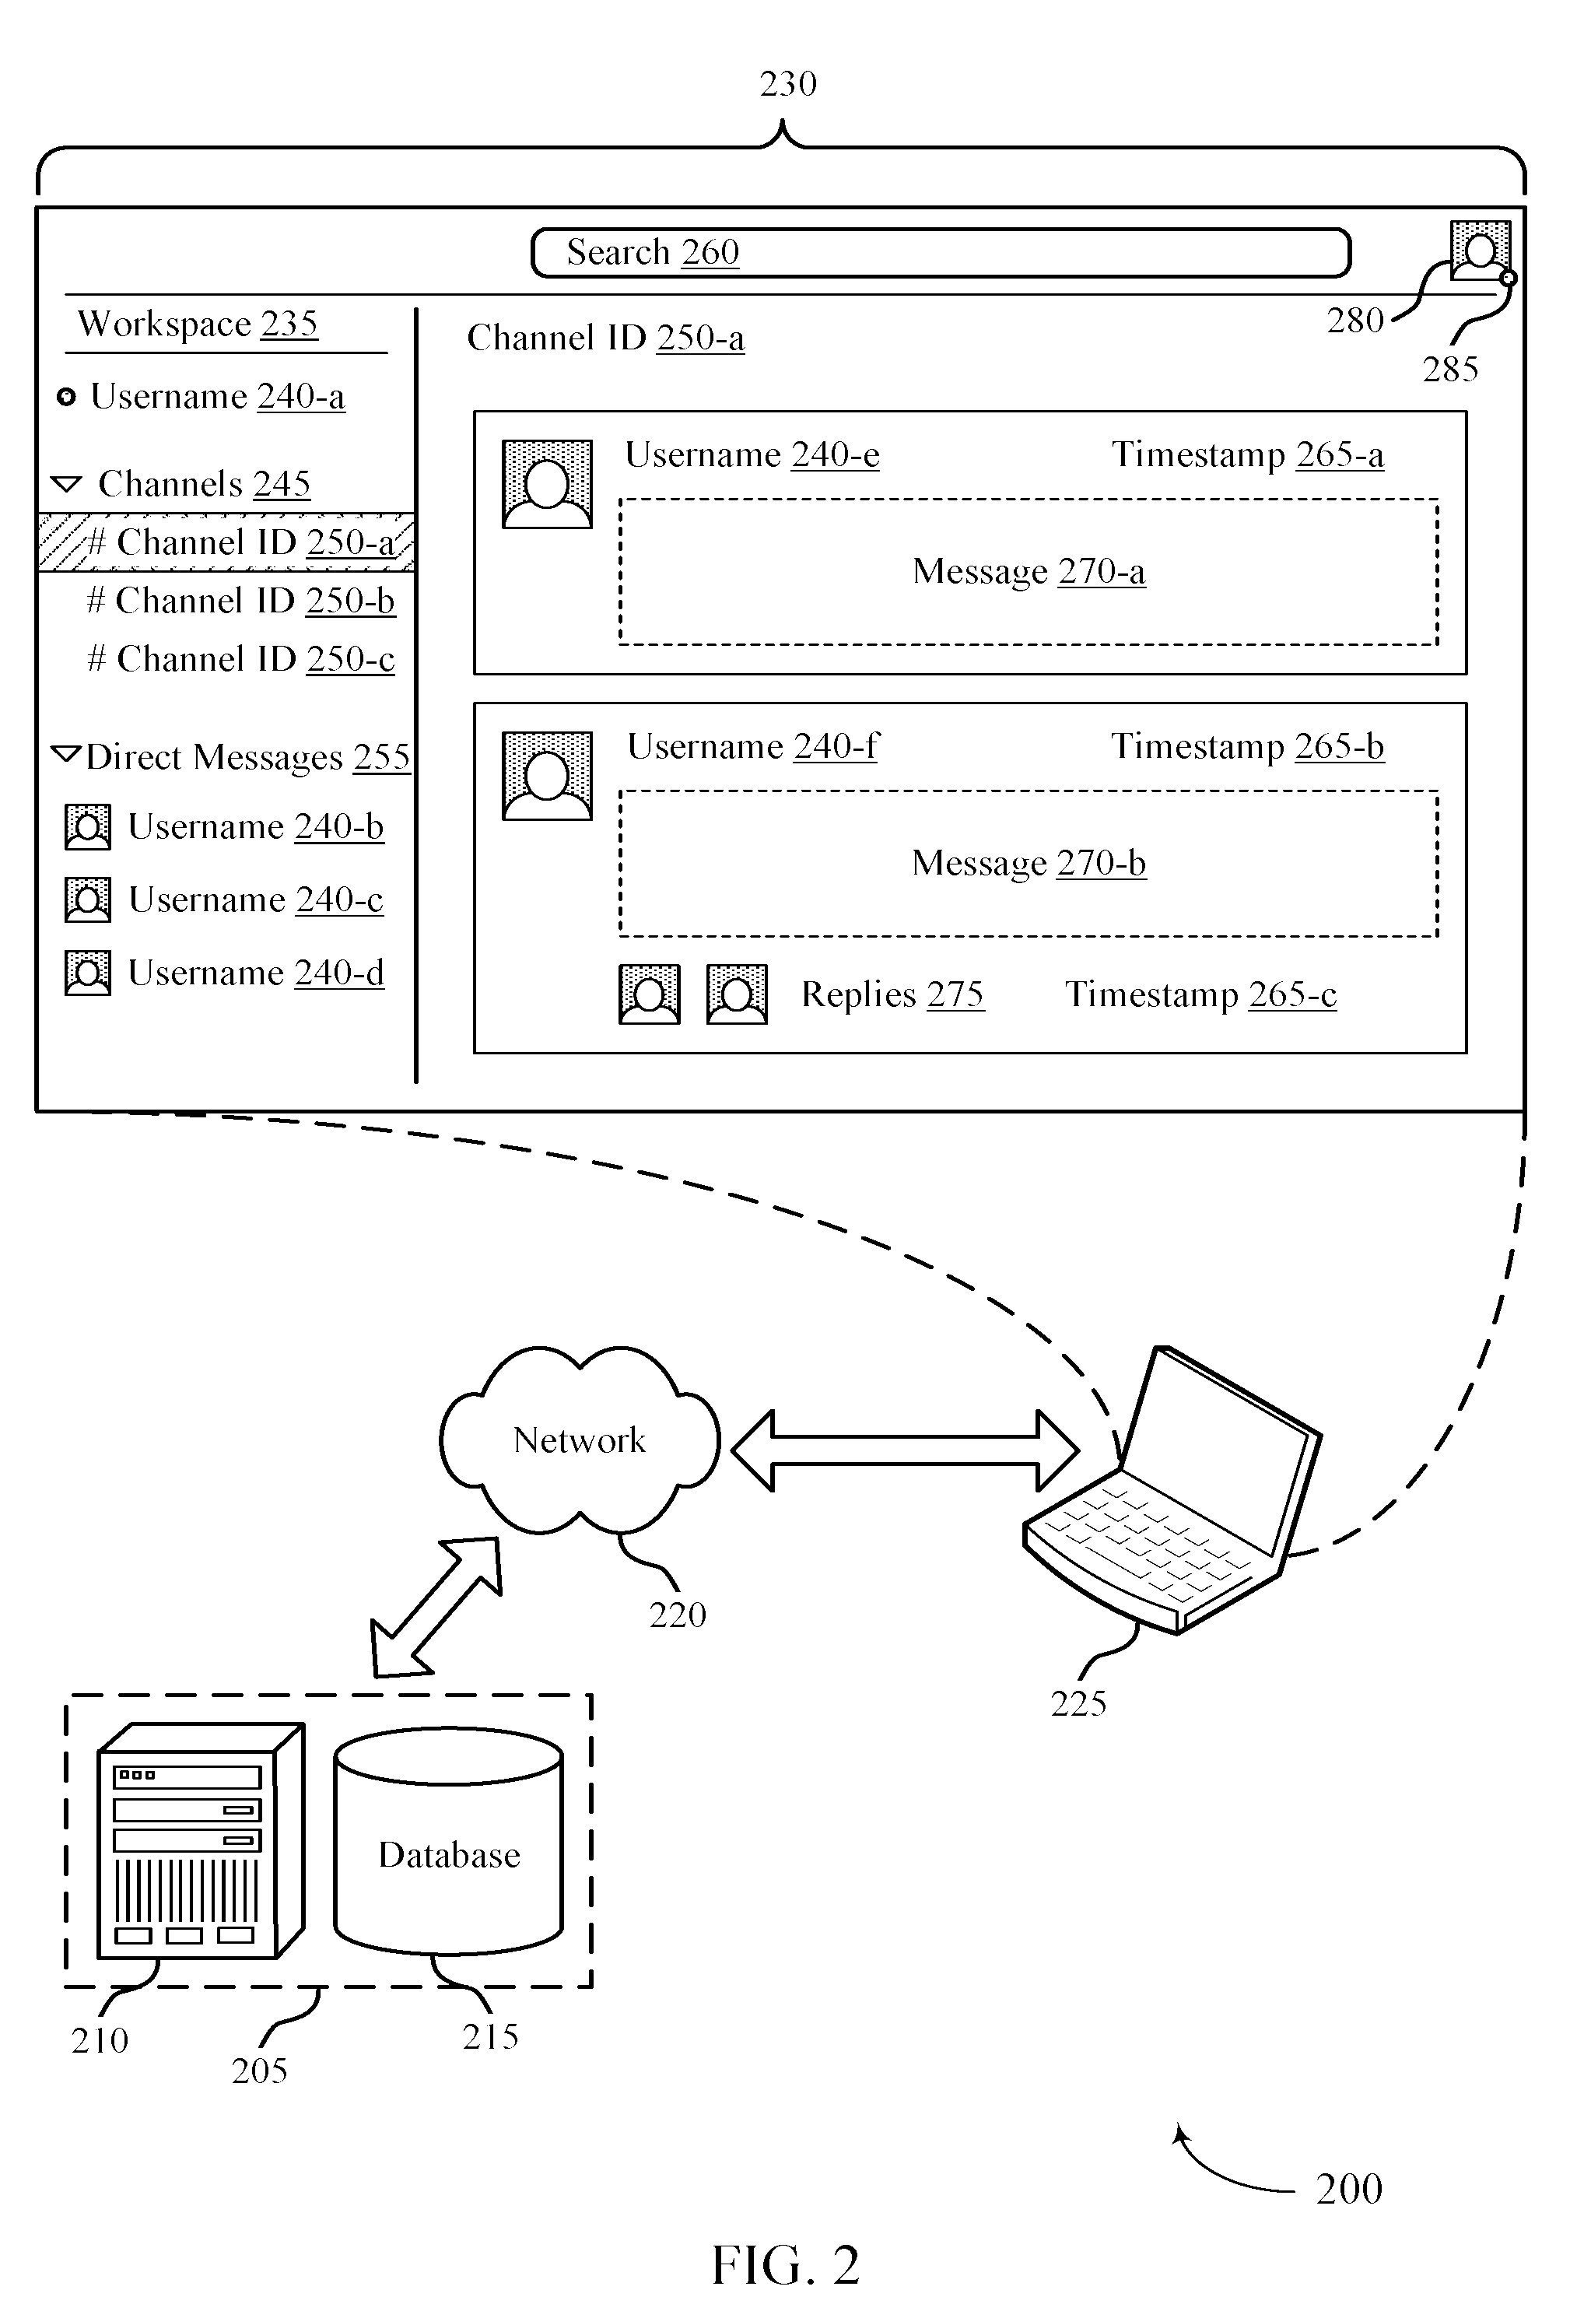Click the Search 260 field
point(941,252)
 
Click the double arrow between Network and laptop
point(905,1450)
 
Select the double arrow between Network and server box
point(436,1607)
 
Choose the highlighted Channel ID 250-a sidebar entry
point(226,542)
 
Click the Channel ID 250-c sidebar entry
point(241,659)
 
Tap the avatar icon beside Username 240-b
point(88,827)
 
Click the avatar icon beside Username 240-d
point(88,973)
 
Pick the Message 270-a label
point(1029,571)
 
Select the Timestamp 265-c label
point(1201,994)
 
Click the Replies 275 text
point(892,994)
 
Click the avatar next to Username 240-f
point(547,776)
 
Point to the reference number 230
point(789,84)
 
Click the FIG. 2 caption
point(786,2264)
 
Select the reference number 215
point(490,2036)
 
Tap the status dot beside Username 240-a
point(66,398)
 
